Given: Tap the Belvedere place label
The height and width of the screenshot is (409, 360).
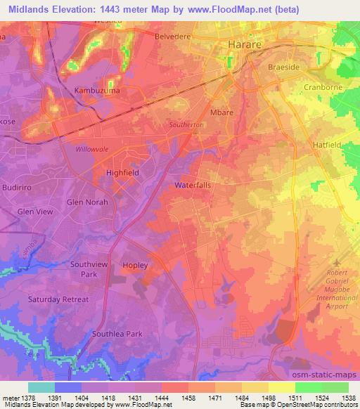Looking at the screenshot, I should [x=172, y=34].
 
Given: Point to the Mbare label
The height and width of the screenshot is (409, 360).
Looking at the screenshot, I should [x=222, y=112].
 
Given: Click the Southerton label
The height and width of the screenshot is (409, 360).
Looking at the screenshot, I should [x=186, y=125].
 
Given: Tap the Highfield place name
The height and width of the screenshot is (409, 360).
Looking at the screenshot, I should [x=122, y=172].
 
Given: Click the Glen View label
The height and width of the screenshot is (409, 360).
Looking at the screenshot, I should [x=34, y=212].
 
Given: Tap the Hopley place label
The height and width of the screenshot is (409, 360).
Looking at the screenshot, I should [x=135, y=265].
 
